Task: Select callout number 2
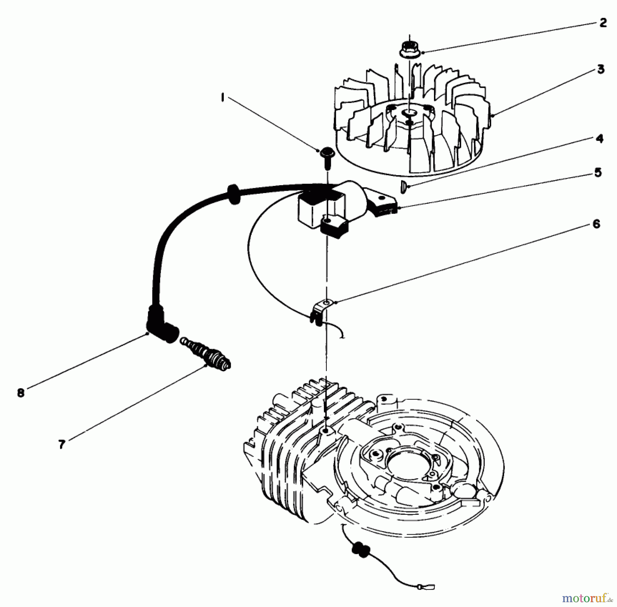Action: (603, 23)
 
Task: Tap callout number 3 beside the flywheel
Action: (601, 69)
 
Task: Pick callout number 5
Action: (598, 172)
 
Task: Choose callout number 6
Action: (596, 224)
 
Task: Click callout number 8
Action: (21, 393)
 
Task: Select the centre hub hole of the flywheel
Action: (409, 113)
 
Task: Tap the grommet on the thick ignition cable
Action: (233, 194)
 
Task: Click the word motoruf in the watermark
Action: (583, 599)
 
